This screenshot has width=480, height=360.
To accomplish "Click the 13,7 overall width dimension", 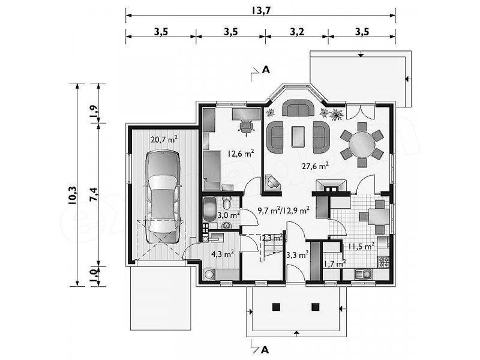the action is [x=261, y=10].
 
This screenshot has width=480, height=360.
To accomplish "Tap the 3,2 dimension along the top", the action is [x=297, y=32].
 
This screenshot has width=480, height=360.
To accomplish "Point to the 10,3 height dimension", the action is [x=73, y=195].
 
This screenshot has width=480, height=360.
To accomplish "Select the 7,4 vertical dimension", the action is [x=94, y=194].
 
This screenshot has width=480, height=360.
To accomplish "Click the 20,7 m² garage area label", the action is [x=164, y=140].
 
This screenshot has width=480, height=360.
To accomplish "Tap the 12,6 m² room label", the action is [x=241, y=153].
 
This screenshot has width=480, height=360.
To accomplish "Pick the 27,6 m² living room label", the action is [x=315, y=166].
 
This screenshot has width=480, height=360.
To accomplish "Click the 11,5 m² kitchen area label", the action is [x=361, y=246].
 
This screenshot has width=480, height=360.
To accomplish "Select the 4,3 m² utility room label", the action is [x=223, y=254].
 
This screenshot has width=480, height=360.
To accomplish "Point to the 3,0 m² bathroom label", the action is [x=229, y=215].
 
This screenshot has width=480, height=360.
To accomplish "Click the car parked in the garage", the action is [x=162, y=197].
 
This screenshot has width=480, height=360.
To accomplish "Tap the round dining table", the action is [x=362, y=145].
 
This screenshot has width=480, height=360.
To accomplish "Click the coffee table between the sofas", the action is [x=298, y=137].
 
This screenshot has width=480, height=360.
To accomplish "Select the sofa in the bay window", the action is [x=298, y=108].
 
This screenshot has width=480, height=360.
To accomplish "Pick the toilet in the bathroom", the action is [x=227, y=202].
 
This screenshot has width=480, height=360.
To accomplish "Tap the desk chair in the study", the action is [x=246, y=127].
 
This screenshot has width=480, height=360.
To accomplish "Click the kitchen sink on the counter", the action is [x=363, y=274].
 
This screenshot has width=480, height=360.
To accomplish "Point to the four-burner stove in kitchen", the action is [x=383, y=262].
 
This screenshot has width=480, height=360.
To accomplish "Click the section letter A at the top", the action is [x=266, y=70].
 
